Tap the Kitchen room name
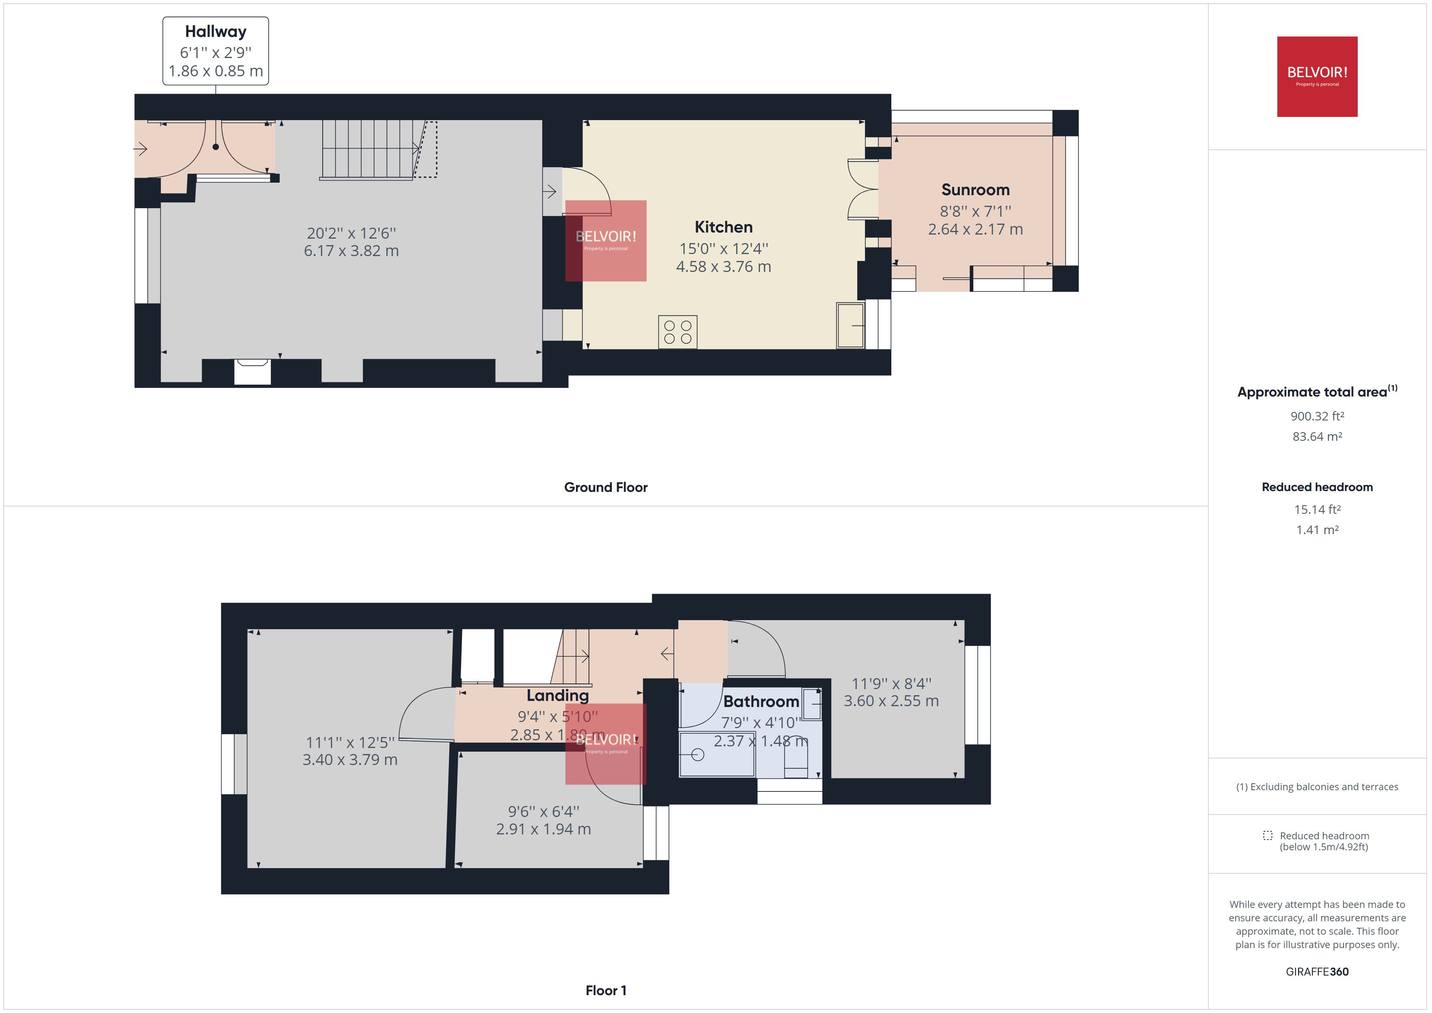723,227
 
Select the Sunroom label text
975,190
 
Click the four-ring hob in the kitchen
677,332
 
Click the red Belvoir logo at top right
1317,76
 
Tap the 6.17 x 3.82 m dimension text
351,251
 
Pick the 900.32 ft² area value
1317,416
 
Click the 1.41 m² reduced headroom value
1317,530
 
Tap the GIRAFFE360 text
1317,971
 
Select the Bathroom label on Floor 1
761,701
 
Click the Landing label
557,695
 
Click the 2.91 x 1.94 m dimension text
543,829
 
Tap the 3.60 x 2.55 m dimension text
891,701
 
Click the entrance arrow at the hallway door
140,149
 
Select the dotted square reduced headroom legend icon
1267,835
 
